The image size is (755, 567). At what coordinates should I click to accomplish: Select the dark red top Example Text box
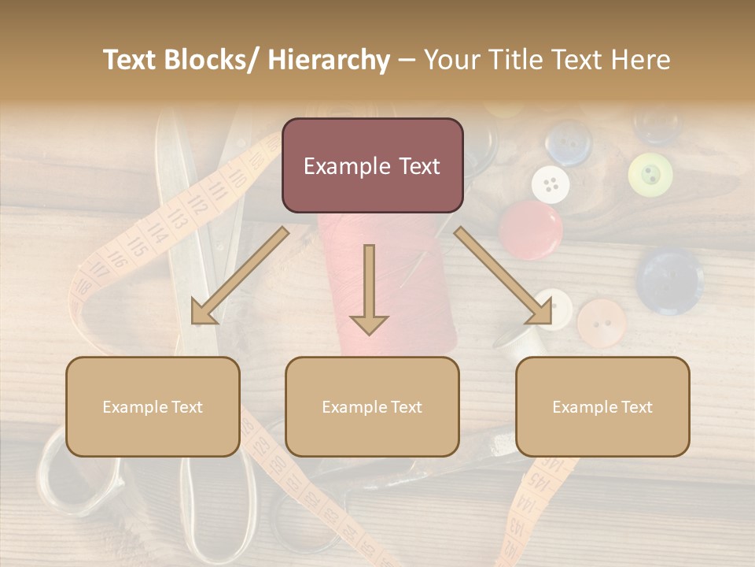point(372,165)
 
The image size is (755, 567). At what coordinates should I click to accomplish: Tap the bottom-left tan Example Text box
point(153,406)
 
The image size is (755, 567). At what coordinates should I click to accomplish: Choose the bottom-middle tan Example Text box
point(372,406)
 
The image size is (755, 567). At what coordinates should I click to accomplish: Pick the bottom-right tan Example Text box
point(602,406)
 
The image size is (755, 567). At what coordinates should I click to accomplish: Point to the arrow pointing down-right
point(503,275)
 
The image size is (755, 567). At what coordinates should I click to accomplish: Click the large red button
point(531,229)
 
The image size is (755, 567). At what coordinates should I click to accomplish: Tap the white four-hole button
point(551,185)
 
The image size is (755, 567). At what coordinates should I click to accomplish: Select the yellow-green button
point(650,174)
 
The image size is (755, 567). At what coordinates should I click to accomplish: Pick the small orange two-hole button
point(601,323)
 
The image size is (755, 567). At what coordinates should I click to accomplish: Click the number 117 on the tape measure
point(101,272)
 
